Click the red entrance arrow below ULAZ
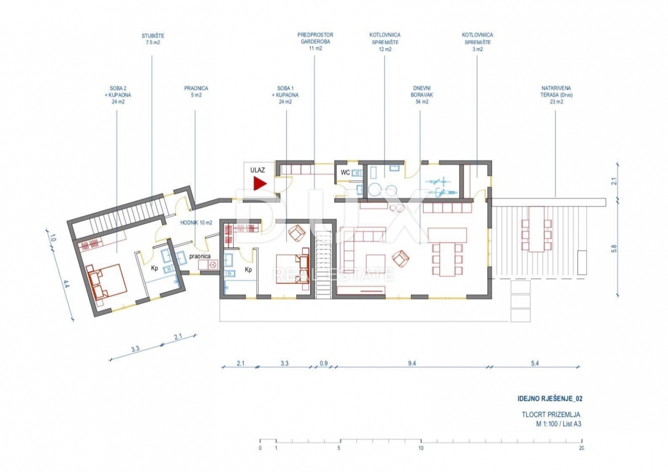[258, 183]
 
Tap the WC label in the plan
[345, 173]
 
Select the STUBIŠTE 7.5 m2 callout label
[153, 39]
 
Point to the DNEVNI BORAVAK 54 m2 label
[422, 95]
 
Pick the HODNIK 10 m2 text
[196, 223]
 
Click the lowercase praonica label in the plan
[200, 256]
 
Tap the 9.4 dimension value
[412, 363]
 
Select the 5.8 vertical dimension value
[613, 248]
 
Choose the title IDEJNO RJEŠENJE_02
[550, 399]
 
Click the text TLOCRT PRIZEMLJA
[551, 415]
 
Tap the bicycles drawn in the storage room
[441, 186]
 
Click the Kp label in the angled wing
[155, 268]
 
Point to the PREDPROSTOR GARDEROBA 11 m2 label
[315, 41]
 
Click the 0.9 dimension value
[323, 363]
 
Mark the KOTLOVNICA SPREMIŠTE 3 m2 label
[478, 42]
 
